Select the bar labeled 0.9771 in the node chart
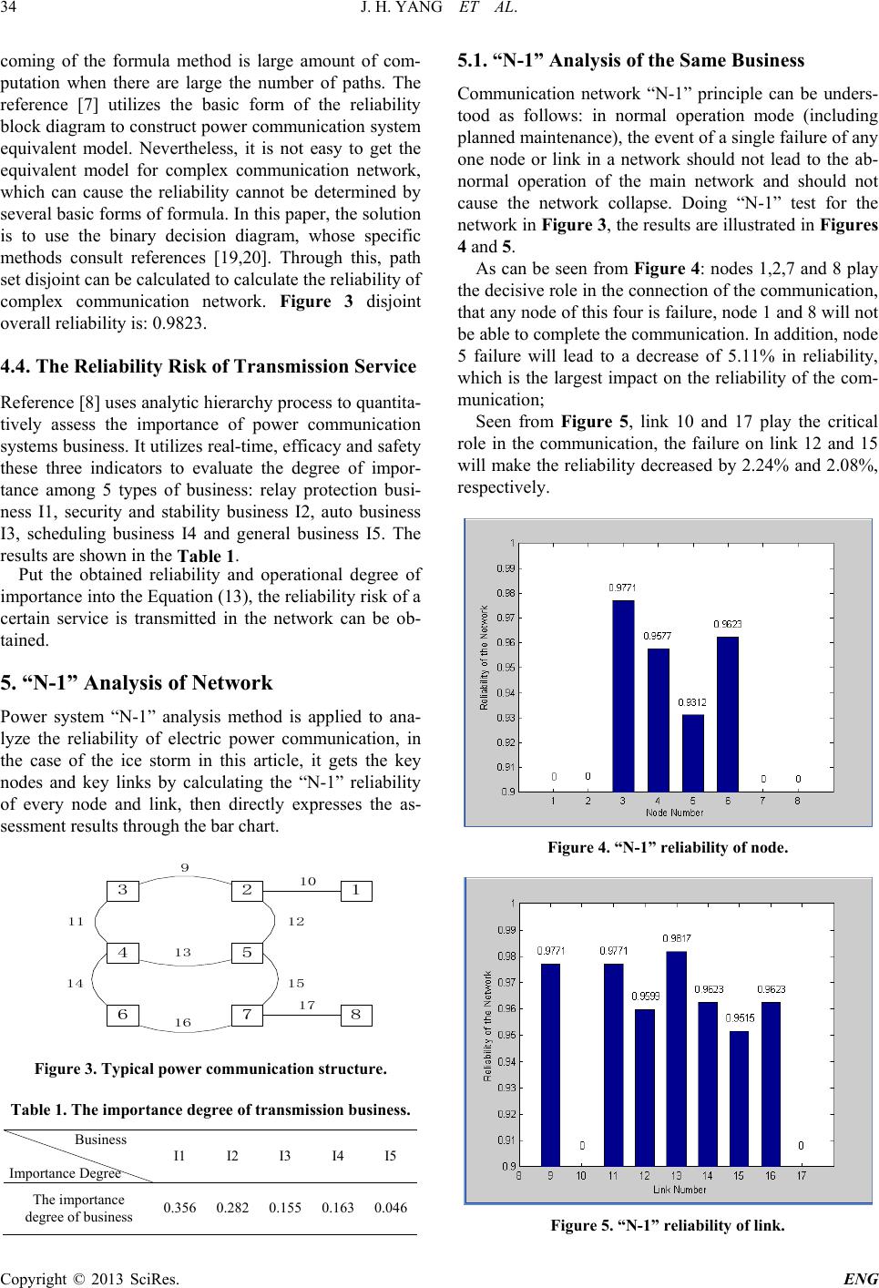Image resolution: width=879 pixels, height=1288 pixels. click(x=623, y=695)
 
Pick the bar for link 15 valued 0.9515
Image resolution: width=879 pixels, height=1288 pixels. click(x=739, y=1098)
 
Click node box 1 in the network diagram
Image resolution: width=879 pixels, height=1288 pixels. click(x=356, y=890)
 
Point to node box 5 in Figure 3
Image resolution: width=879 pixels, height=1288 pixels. click(x=246, y=953)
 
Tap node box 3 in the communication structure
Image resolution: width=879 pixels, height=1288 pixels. click(x=122, y=890)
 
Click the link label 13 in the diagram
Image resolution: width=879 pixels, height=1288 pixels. click(x=183, y=953)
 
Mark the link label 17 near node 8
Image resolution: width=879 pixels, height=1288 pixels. click(x=307, y=1004)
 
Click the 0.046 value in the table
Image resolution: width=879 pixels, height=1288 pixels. click(x=389, y=1208)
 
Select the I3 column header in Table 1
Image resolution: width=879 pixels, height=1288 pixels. click(x=284, y=1156)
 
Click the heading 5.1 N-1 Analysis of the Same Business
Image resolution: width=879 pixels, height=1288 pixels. click(x=631, y=62)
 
